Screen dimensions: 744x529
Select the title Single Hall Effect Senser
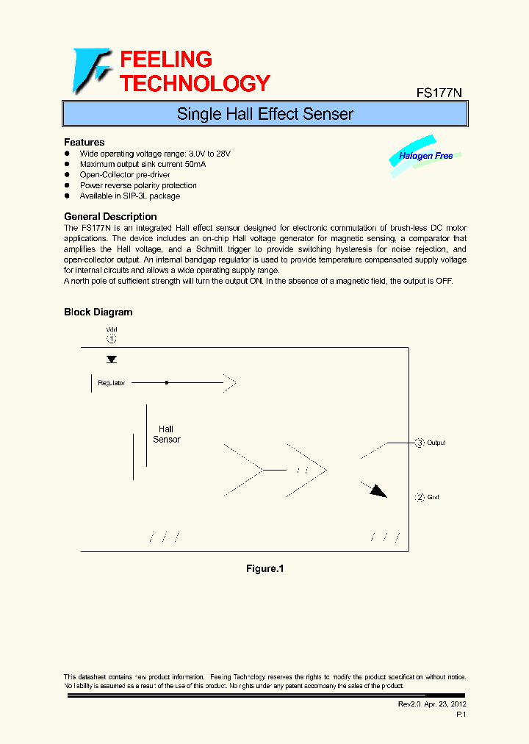264,114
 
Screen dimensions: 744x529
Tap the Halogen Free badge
425,156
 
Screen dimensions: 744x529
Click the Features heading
84,142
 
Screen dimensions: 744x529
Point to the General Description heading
110,216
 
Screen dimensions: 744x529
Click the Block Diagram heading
98,312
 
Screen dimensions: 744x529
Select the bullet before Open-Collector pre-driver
67,175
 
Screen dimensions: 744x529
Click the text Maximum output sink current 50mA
143,164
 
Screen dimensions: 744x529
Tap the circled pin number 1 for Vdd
112,339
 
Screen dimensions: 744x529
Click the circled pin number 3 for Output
420,443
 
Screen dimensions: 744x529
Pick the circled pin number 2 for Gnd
420,497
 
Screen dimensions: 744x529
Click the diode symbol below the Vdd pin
112,360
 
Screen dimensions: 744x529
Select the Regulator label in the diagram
112,383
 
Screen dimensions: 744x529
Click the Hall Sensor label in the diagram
166,434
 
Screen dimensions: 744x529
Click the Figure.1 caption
264,568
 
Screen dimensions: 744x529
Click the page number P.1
461,714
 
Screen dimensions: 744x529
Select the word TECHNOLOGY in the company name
195,83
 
